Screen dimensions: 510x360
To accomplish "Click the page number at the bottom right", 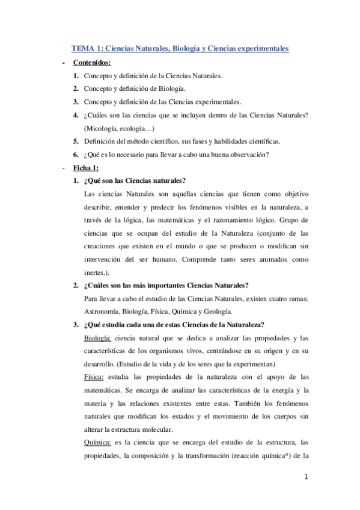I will pos(306,478).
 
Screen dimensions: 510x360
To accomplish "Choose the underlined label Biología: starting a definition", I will pos(98,338).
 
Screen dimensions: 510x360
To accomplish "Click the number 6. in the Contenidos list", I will pos(76,155).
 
